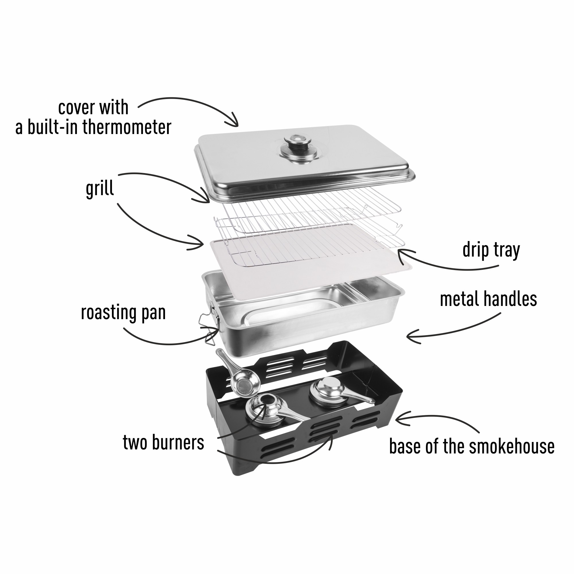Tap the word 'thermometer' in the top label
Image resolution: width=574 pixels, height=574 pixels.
coord(127,127)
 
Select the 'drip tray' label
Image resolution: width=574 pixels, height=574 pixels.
coord(491,251)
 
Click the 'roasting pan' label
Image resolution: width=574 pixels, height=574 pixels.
coord(123,313)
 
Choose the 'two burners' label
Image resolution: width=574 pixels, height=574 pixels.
coord(163,443)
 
